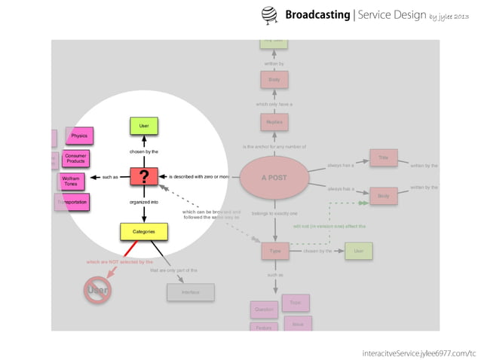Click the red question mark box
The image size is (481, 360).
click(x=143, y=176)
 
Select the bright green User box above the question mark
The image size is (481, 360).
click(x=143, y=126)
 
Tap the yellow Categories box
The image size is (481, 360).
click(x=143, y=231)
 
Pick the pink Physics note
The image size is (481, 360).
click(x=79, y=136)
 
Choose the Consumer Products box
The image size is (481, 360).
click(x=75, y=158)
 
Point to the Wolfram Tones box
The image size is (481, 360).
click(x=72, y=181)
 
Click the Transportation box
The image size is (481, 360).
click(x=73, y=202)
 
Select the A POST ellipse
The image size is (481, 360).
click(x=274, y=178)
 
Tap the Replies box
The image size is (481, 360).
click(x=274, y=122)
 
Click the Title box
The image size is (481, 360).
click(x=383, y=158)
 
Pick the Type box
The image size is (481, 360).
click(x=274, y=251)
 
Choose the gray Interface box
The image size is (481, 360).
click(x=191, y=292)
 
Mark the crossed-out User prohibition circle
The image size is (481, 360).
click(x=97, y=290)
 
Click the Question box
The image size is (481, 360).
click(x=264, y=309)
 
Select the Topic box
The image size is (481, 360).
click(x=295, y=302)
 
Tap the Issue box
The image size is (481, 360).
click(x=298, y=324)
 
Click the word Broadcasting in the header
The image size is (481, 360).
click(x=317, y=15)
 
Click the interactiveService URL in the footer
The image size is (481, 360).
click(x=419, y=352)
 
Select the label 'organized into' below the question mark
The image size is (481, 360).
click(x=143, y=203)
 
